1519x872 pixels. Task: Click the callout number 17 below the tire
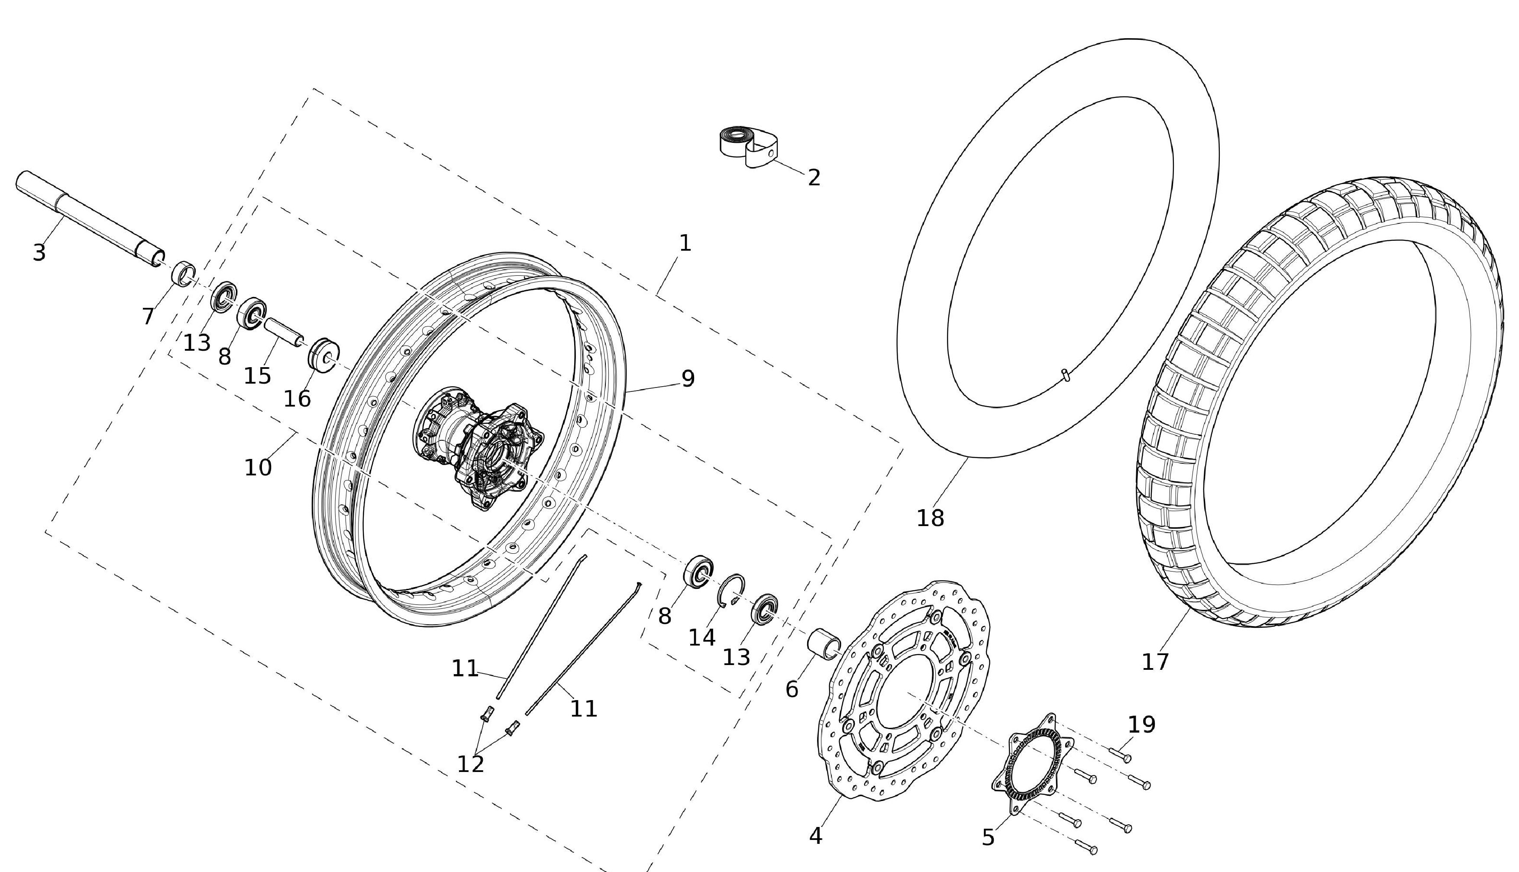point(1155,662)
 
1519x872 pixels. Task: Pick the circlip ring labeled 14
point(732,590)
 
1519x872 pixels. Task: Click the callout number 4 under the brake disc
point(816,836)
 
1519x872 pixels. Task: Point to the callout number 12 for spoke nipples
point(470,764)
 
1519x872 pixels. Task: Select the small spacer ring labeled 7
point(184,275)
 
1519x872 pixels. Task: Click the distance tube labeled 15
point(283,331)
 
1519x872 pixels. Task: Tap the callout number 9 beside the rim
point(688,378)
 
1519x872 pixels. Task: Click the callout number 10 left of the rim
point(258,468)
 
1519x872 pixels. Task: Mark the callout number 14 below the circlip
point(702,638)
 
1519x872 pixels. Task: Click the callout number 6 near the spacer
point(792,690)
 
